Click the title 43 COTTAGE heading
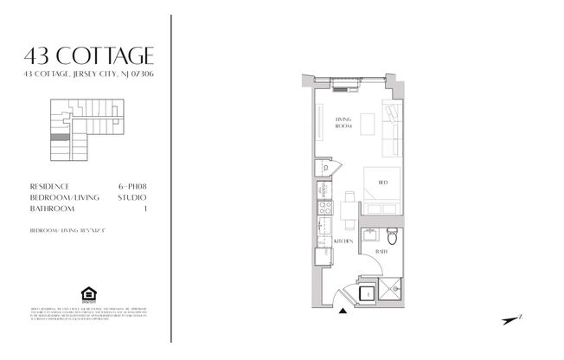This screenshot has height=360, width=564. pyautogui.click(x=89, y=57)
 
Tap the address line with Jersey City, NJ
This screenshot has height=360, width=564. pyautogui.click(x=89, y=76)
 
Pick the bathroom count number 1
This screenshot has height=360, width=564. pyautogui.click(x=144, y=209)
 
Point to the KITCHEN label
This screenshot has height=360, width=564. pyautogui.click(x=343, y=241)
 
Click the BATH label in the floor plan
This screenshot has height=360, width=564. pyautogui.click(x=380, y=251)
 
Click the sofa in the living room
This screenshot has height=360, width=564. pyautogui.click(x=391, y=127)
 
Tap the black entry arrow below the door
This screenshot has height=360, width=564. pyautogui.click(x=344, y=311)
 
